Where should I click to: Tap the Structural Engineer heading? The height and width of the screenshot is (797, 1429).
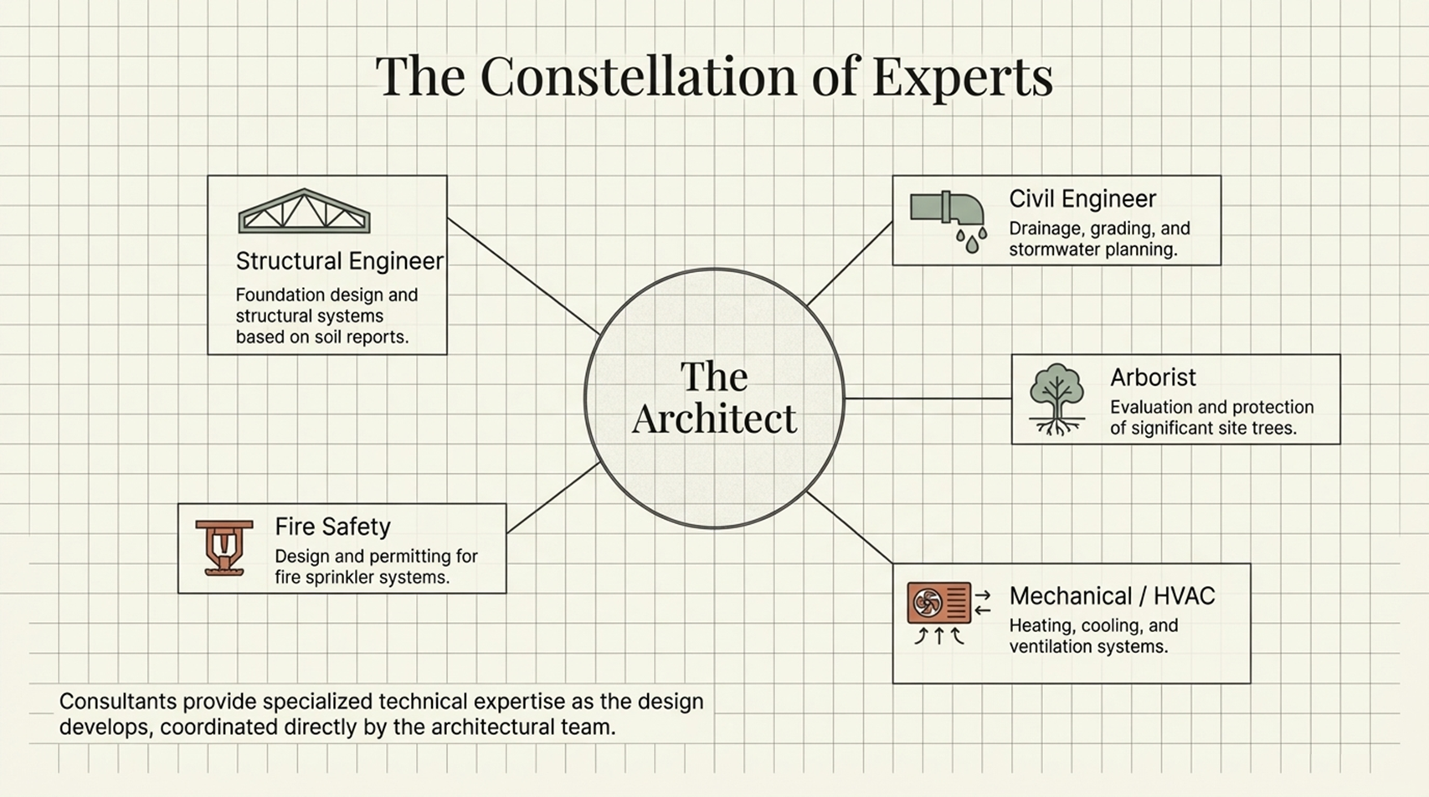pyautogui.click(x=339, y=261)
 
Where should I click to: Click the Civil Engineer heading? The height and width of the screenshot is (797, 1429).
pyautogui.click(x=1082, y=199)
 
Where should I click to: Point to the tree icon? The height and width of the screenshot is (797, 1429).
pyautogui.click(x=1056, y=398)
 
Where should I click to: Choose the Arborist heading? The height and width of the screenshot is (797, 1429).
pyautogui.click(x=1153, y=378)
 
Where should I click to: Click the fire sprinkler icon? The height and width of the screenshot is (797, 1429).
pyautogui.click(x=224, y=548)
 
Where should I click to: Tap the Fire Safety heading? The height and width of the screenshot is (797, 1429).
pyautogui.click(x=332, y=527)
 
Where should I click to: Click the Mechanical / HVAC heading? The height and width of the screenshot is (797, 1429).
pyautogui.click(x=1111, y=596)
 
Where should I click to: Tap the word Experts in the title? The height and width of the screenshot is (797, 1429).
pyautogui.click(x=962, y=76)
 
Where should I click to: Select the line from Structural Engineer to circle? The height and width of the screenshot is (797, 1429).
pyautogui.click(x=523, y=276)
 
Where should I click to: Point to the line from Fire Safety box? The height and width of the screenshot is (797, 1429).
pyautogui.click(x=553, y=498)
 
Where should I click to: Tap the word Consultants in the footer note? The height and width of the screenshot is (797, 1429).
pyautogui.click(x=117, y=702)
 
